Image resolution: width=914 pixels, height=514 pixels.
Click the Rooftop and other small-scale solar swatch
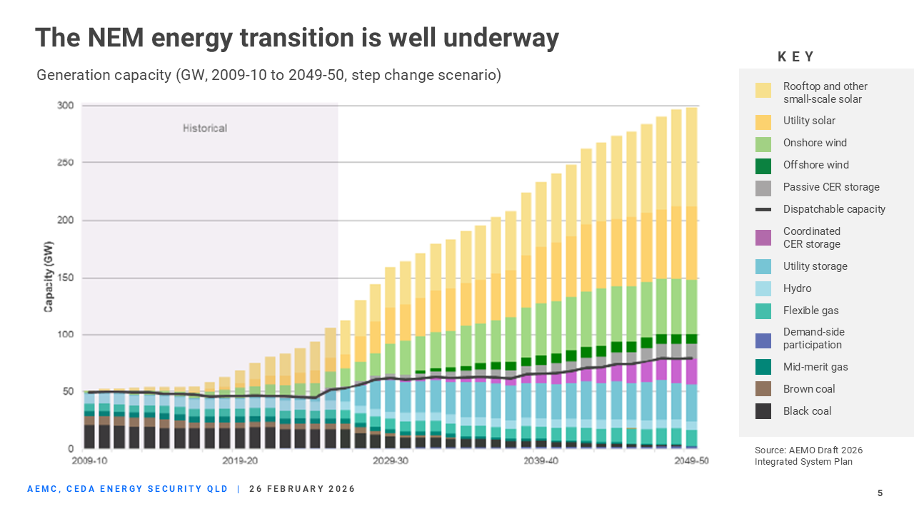pyautogui.click(x=763, y=91)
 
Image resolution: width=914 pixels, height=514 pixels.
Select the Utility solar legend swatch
pyautogui.click(x=763, y=121)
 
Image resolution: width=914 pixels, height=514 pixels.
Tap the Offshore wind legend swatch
pyautogui.click(x=763, y=166)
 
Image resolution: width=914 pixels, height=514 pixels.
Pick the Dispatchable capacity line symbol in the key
pyautogui.click(x=763, y=209)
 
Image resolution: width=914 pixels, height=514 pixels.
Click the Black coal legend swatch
pyautogui.click(x=763, y=411)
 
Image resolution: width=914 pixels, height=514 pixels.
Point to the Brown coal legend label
pyautogui.click(x=808, y=389)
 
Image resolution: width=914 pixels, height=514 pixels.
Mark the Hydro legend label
pyautogui.click(x=797, y=288)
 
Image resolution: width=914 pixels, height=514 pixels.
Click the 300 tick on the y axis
pyautogui.click(x=66, y=106)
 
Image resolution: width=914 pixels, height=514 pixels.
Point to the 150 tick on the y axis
pyautogui.click(x=66, y=278)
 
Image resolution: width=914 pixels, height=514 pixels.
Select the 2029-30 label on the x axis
pyautogui.click(x=391, y=461)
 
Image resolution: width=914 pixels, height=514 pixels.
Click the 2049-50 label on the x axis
pyautogui.click(x=691, y=461)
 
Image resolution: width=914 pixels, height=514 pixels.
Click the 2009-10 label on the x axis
pyautogui.click(x=90, y=461)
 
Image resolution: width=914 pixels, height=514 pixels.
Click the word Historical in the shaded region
pyautogui.click(x=205, y=128)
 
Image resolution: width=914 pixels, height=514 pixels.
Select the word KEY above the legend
pyautogui.click(x=795, y=57)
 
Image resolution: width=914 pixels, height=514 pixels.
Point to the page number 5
pyautogui.click(x=880, y=493)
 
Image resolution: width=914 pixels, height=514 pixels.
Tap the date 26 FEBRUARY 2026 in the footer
pyautogui.click(x=302, y=489)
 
